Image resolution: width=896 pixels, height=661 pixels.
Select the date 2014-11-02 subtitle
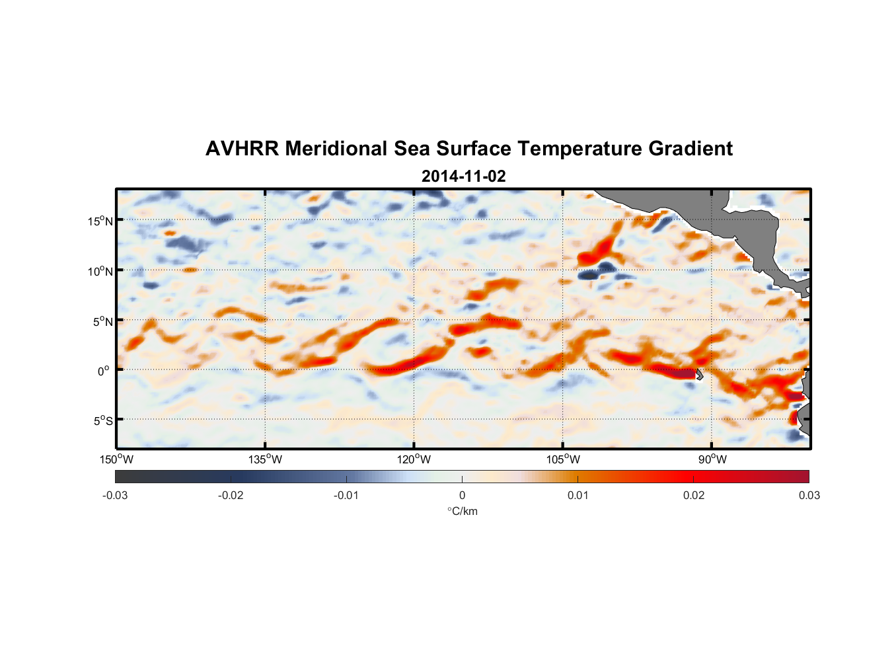click(463, 176)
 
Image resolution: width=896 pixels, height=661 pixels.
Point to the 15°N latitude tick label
click(100, 221)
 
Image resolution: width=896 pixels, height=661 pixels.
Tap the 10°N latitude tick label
click(100, 271)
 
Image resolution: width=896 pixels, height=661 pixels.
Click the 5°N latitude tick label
click(102, 321)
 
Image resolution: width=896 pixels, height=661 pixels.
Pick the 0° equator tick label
click(104, 371)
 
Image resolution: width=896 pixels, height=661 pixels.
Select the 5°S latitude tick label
click(102, 421)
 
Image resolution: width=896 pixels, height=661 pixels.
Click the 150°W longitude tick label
click(116, 459)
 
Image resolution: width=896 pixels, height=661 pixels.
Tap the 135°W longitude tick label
click(265, 459)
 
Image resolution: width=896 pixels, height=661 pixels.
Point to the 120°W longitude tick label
click(414, 459)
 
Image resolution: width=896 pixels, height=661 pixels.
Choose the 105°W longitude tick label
click(563, 459)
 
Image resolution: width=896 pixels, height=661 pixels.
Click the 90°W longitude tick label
click(712, 459)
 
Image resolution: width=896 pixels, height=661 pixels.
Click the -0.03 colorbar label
click(115, 495)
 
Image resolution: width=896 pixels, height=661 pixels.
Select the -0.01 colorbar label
click(346, 495)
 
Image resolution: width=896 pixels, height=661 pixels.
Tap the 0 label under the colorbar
click(462, 495)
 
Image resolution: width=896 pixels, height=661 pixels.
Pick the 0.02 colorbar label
click(693, 495)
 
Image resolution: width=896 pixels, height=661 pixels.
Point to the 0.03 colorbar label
click(809, 495)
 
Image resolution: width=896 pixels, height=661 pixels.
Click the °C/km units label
click(462, 511)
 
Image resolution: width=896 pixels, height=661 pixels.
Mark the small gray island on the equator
click(699, 374)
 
